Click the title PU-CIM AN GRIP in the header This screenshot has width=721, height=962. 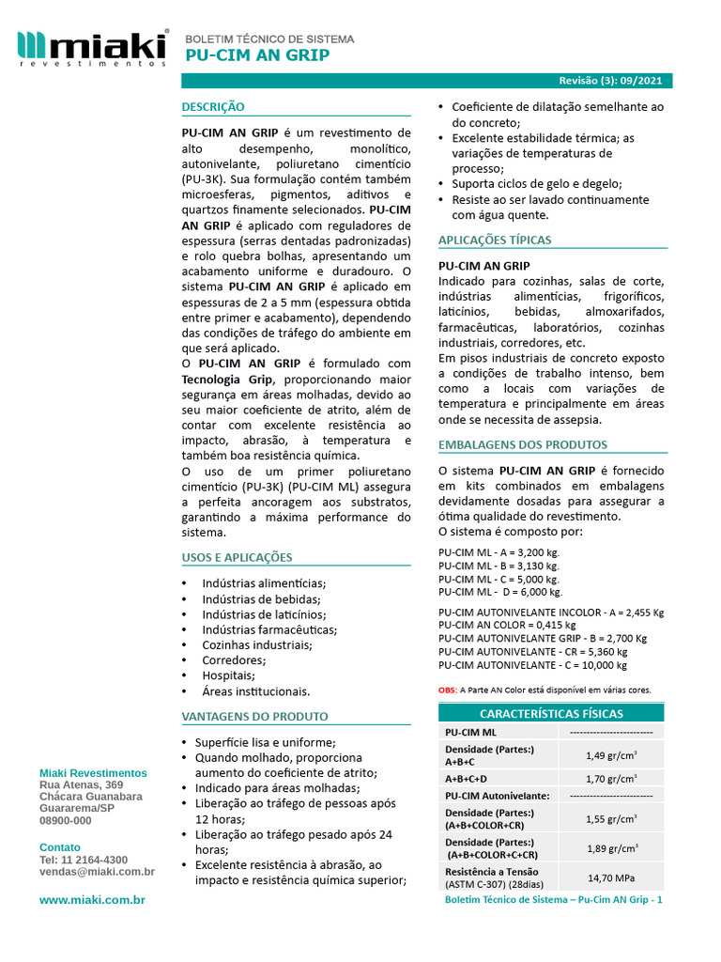pos(257,55)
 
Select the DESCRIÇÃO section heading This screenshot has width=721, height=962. pos(213,107)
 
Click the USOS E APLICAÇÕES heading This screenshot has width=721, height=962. pos(237,557)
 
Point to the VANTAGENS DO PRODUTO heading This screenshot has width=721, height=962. pos(254,716)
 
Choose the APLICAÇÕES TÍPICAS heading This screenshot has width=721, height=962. pos(495,240)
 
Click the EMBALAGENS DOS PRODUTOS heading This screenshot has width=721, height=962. pos(523,444)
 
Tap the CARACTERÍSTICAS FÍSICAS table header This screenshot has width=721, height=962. pos(551,713)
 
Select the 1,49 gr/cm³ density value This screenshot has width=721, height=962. pos(611,755)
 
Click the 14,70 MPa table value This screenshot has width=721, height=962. pos(611,878)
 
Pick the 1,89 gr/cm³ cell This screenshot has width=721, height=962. pos(611,848)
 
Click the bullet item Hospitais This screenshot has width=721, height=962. pos(228,675)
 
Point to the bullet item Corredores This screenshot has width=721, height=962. pos(234,660)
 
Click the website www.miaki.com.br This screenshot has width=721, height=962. pos(92,900)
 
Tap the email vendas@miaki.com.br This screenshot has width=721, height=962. pos(97,872)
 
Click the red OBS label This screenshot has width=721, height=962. pos(447,690)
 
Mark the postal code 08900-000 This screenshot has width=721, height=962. pos(66,820)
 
